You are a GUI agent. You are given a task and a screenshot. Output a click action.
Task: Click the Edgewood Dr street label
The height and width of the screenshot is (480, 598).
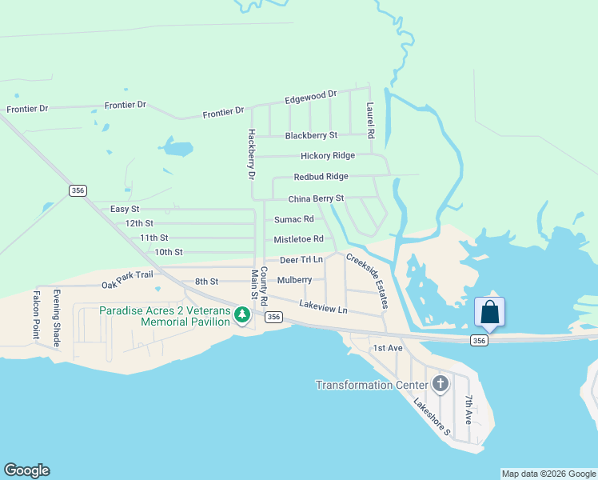point(311,98)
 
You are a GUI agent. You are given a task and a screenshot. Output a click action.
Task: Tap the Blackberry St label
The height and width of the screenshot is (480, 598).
point(311,135)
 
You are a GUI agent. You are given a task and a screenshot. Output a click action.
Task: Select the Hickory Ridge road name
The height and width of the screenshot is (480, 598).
point(328,156)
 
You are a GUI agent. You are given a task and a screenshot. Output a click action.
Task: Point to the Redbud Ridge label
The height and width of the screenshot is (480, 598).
point(321,177)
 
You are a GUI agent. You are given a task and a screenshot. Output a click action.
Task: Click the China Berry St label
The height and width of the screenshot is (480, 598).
point(316,198)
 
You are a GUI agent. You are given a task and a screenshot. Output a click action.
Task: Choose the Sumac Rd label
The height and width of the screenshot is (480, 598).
point(293,219)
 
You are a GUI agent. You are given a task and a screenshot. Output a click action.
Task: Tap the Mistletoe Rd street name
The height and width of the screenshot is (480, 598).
point(298,239)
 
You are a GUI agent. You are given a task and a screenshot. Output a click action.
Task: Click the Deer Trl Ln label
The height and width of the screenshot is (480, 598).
point(301,260)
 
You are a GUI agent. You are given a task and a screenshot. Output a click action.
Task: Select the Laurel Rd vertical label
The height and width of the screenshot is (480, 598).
point(370,120)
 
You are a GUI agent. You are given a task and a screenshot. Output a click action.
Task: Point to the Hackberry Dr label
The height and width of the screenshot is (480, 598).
point(251,154)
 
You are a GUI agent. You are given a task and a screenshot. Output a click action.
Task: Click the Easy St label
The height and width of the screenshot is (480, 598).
point(125,209)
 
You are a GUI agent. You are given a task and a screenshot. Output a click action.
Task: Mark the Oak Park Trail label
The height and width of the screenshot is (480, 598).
point(127,274)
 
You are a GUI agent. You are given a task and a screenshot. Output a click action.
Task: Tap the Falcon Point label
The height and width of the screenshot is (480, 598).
point(36,314)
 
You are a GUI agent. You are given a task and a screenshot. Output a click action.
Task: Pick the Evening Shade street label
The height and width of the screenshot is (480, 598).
point(57,317)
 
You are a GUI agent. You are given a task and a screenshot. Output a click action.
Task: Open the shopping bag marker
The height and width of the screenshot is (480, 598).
point(489,312)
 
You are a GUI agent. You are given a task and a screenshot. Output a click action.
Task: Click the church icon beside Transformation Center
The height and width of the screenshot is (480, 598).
point(440,384)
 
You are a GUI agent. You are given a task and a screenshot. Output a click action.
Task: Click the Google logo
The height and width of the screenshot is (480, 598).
point(26,470)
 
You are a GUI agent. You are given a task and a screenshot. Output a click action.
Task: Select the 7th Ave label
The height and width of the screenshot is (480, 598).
point(469,409)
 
